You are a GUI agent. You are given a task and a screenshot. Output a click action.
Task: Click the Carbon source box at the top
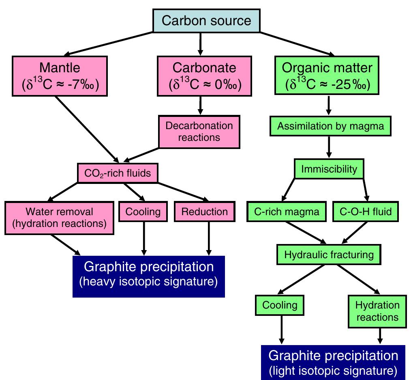pyautogui.click(x=206, y=21)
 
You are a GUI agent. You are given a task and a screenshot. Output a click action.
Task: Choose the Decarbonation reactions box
pyautogui.click(x=199, y=131)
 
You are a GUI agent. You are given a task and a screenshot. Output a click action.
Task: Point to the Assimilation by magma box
pyautogui.click(x=330, y=126)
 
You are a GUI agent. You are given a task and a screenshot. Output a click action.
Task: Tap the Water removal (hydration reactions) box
pyautogui.click(x=59, y=217)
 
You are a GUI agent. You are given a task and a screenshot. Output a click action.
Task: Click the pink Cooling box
pyautogui.click(x=143, y=212)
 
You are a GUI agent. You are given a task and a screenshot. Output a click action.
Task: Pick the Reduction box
pyautogui.click(x=204, y=212)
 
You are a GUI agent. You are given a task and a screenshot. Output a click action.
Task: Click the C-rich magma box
pyautogui.click(x=287, y=212)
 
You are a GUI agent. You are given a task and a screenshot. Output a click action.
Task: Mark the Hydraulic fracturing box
pyautogui.click(x=329, y=255)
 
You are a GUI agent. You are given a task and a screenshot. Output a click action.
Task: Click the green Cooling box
pyautogui.click(x=280, y=305)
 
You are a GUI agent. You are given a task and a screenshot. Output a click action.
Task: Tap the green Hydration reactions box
pyautogui.click(x=377, y=311)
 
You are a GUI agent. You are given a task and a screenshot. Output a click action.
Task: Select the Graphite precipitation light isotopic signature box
pyautogui.click(x=334, y=361)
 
